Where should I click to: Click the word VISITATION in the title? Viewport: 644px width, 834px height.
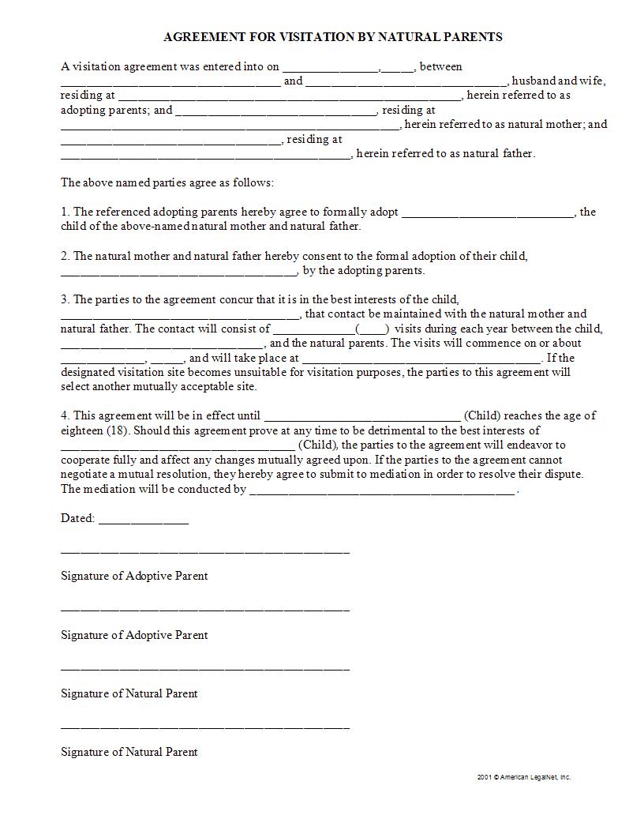coord(297,37)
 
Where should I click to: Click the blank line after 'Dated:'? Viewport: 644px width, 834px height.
coord(144,521)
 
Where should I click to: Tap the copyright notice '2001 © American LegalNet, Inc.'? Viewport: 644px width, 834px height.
coord(523,777)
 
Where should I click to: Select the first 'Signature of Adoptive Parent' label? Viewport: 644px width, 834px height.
coord(134,576)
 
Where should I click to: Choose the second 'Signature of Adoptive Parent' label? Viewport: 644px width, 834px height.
coord(134,635)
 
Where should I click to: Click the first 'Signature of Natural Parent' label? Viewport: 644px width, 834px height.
coord(129,693)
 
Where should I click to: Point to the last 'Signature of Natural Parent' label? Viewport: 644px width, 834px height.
coord(129,752)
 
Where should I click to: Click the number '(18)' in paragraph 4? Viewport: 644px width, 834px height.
coord(115,430)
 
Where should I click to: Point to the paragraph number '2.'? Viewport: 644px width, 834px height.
coord(66,256)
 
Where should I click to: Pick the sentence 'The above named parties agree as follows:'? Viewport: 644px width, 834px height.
coord(167,182)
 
